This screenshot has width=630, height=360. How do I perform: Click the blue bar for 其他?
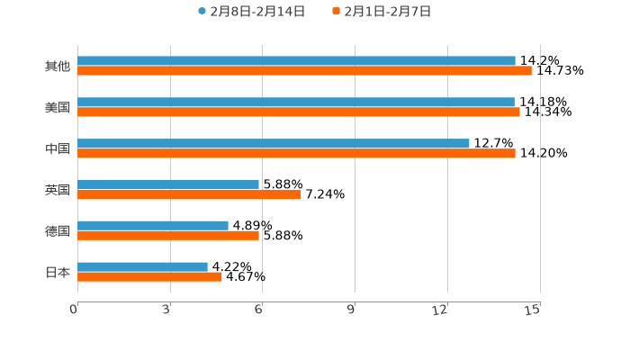(x=296, y=60)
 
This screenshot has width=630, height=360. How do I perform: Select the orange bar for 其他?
(x=304, y=70)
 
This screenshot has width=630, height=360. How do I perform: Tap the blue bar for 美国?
(x=296, y=102)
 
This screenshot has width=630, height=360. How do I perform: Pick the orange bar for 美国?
(x=299, y=112)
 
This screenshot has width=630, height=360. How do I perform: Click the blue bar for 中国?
(x=274, y=143)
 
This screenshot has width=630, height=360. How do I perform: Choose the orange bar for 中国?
(x=296, y=153)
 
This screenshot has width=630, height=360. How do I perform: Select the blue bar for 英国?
(x=168, y=184)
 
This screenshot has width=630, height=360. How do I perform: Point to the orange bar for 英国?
(x=189, y=193)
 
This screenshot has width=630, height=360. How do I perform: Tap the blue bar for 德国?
(x=153, y=225)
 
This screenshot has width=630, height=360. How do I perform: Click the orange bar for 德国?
(x=168, y=235)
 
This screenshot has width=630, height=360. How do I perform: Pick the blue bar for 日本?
(x=142, y=266)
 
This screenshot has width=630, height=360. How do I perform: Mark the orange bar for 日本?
(x=149, y=276)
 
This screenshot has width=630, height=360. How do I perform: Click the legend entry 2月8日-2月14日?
(x=251, y=12)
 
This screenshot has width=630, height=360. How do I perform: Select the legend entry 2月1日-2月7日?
(x=382, y=12)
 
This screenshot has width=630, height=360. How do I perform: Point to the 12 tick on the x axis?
(x=440, y=310)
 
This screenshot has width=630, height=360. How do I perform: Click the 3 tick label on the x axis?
(x=167, y=310)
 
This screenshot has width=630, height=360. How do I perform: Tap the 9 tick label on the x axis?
(x=352, y=310)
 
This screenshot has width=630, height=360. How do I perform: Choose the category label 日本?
(x=58, y=272)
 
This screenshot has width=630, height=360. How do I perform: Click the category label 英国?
(x=58, y=190)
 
